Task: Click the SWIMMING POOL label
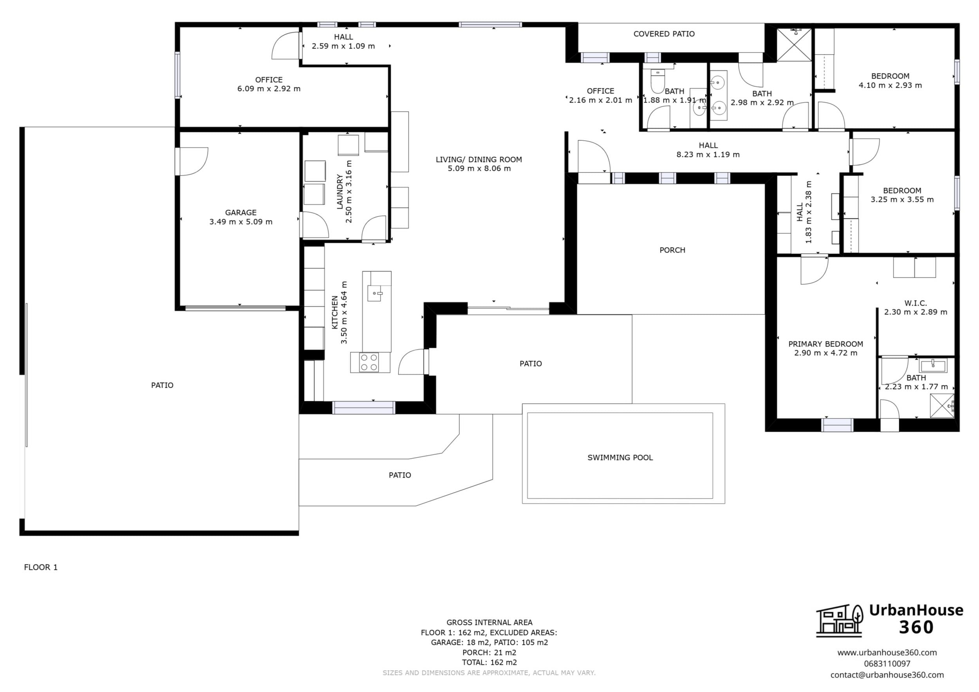[620, 458]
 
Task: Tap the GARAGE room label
[240, 213]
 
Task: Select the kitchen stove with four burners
[369, 362]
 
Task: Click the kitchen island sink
[375, 293]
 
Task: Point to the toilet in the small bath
[657, 81]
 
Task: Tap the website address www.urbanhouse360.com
[887, 652]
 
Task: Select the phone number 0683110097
[887, 663]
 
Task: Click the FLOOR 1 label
[40, 567]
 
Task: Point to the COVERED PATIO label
[664, 34]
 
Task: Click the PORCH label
[672, 250]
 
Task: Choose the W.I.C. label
[916, 303]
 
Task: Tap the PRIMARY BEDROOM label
[825, 344]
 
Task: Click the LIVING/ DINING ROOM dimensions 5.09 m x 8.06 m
[479, 168]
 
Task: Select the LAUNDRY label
[340, 191]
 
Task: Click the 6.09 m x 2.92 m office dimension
[269, 88]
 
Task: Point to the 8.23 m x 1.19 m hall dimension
[708, 154]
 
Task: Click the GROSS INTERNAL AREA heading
[489, 623]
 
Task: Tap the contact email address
[887, 675]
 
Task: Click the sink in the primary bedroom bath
[932, 366]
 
